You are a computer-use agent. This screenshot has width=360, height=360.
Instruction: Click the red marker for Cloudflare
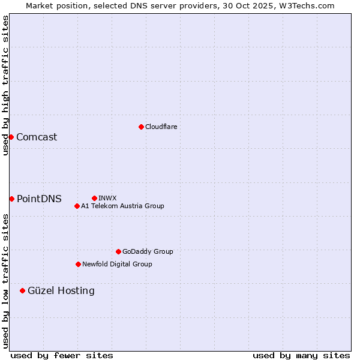[141, 127]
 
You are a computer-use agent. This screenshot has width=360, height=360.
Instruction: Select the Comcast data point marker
[11, 137]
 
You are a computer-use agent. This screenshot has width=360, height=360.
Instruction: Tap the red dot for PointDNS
[11, 199]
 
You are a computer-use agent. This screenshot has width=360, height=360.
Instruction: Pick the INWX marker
[94, 198]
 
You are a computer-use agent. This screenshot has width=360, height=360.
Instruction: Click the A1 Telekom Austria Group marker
[77, 206]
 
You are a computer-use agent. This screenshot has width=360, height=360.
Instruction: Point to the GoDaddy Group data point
[118, 251]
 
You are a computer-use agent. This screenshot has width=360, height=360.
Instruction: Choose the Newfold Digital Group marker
[78, 264]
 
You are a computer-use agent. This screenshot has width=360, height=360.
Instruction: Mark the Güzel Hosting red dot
[22, 290]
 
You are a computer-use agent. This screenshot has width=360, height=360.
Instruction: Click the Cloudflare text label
[161, 127]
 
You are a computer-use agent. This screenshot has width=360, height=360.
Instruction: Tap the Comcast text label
[37, 137]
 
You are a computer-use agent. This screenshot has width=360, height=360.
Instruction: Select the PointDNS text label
[39, 199]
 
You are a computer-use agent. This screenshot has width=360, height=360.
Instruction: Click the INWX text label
[107, 198]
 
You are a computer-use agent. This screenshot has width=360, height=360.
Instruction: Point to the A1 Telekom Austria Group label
[122, 206]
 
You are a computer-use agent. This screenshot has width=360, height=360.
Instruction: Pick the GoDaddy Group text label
[148, 251]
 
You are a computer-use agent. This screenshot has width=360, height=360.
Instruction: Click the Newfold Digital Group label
[117, 264]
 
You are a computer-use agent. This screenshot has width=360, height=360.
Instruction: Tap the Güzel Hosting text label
[61, 290]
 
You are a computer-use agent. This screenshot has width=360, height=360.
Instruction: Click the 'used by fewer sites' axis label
[62, 355]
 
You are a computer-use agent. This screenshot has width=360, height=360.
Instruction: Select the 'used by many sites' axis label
[301, 355]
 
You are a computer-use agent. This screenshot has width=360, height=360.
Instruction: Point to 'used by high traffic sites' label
[5, 85]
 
